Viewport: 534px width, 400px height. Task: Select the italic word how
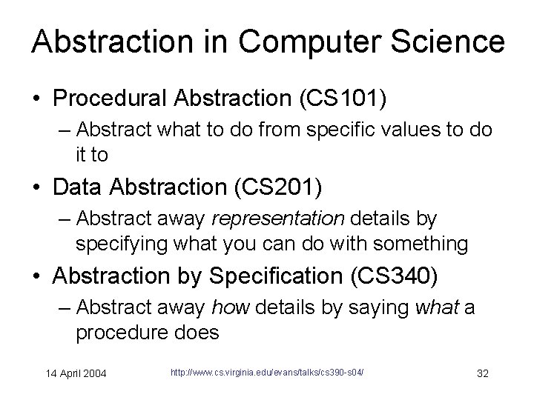[x=228, y=307]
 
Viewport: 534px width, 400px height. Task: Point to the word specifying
[x=118, y=243]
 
